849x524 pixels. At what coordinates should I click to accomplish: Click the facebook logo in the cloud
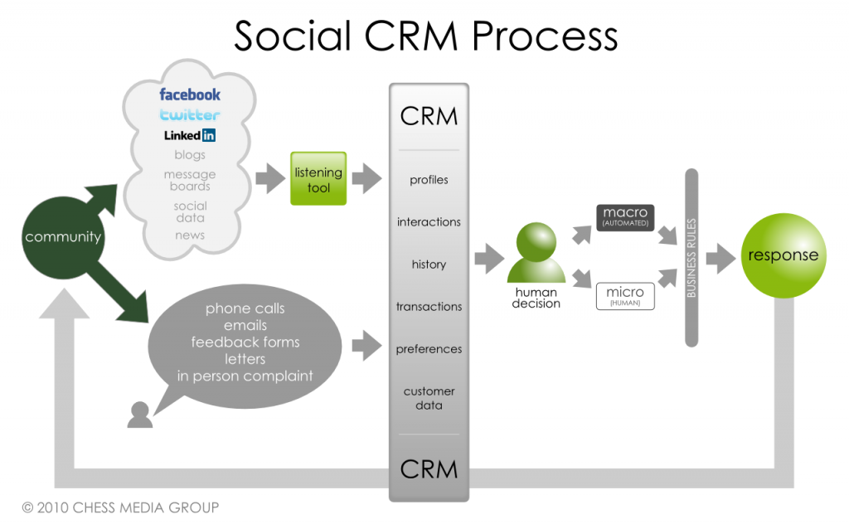point(190,95)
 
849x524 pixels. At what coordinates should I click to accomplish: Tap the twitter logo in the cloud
point(190,115)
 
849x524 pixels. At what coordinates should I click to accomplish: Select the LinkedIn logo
point(190,135)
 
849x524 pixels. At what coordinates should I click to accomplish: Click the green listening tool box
point(318,179)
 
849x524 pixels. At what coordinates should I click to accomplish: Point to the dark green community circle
point(63,237)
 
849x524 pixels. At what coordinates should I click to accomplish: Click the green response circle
point(783,255)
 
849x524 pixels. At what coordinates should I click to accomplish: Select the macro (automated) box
point(625,217)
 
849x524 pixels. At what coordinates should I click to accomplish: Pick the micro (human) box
point(625,297)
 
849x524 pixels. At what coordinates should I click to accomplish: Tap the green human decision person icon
point(536,253)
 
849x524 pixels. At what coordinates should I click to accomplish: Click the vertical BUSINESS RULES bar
point(691,258)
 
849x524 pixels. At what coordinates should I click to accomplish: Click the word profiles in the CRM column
point(429,180)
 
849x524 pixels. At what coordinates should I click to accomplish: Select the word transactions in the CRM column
point(429,307)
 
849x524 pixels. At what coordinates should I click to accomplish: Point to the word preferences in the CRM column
point(429,349)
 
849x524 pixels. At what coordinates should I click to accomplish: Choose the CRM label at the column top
point(429,116)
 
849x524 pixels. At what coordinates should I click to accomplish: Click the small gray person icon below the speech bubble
point(140,415)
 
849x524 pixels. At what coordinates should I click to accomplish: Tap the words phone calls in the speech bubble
point(245,308)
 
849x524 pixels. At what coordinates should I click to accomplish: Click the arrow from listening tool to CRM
point(366,178)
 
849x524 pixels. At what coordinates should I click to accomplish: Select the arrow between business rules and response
point(720,258)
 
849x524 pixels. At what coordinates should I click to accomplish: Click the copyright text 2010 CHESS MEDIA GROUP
point(120,507)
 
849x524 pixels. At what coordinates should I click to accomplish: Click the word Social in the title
point(294,37)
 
